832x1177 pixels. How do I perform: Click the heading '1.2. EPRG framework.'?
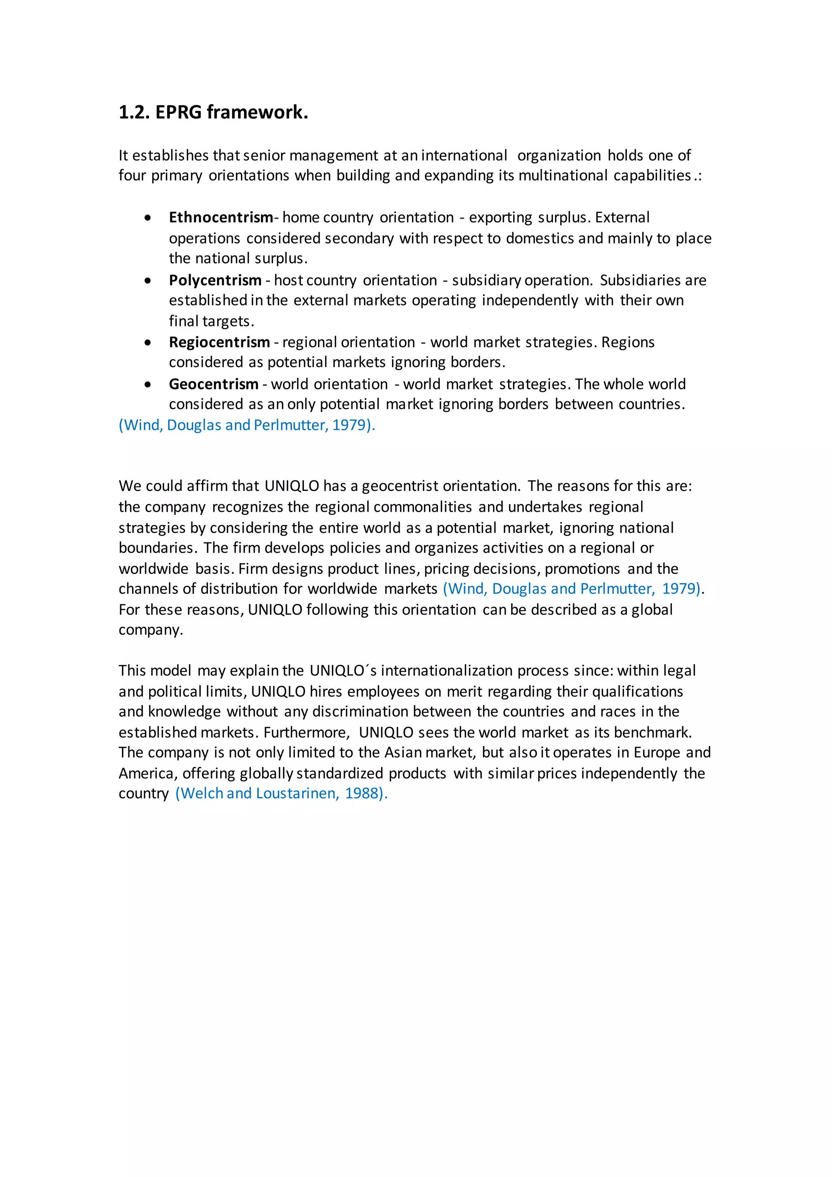pos(213,112)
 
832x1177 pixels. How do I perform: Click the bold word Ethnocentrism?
pos(221,217)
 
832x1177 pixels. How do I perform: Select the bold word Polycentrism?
pos(215,280)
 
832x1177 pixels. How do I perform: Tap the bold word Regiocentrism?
pos(219,342)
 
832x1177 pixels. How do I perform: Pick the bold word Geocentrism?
pos(214,384)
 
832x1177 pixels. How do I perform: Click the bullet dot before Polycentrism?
pos(147,281)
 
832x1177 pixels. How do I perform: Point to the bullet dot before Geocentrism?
pos(147,384)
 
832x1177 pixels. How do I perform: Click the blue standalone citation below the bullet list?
pos(247,425)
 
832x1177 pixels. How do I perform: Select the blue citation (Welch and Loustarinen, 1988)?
pos(281,793)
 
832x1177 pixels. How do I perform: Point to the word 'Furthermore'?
pos(306,732)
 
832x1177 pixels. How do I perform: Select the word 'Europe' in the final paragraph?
pos(657,752)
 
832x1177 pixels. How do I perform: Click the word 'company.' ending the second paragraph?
pos(151,630)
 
